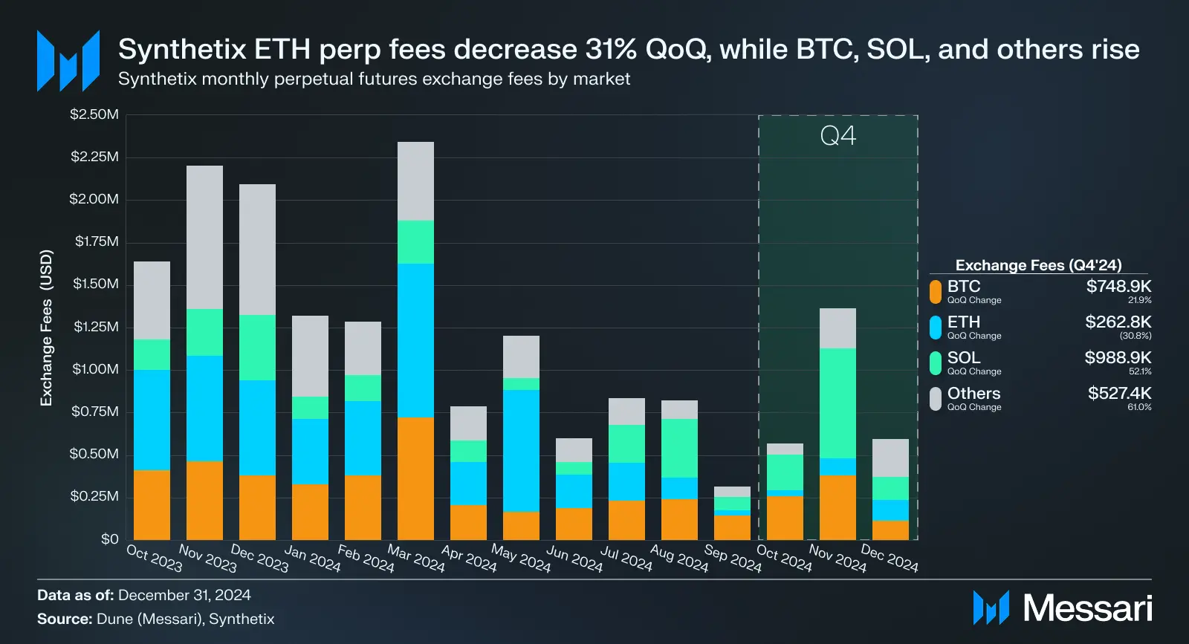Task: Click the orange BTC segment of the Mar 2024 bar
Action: (415, 478)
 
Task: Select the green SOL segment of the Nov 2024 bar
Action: (838, 403)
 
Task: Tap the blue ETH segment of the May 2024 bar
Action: (521, 450)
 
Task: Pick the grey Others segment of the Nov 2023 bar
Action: (204, 237)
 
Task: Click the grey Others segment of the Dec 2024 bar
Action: (890, 458)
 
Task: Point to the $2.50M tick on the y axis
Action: (94, 114)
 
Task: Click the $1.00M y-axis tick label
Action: (95, 369)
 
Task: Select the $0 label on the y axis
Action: (109, 539)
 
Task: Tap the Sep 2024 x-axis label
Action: (733, 559)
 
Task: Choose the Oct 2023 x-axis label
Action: (154, 559)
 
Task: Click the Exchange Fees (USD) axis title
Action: (46, 328)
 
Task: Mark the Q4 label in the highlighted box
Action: (838, 136)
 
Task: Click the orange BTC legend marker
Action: (936, 291)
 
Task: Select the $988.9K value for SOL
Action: (1118, 358)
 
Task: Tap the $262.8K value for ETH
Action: (1118, 322)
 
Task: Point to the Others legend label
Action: (973, 394)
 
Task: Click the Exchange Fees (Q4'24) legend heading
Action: (1038, 265)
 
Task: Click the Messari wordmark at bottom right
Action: (1087, 608)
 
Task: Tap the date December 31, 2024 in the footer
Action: (184, 595)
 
